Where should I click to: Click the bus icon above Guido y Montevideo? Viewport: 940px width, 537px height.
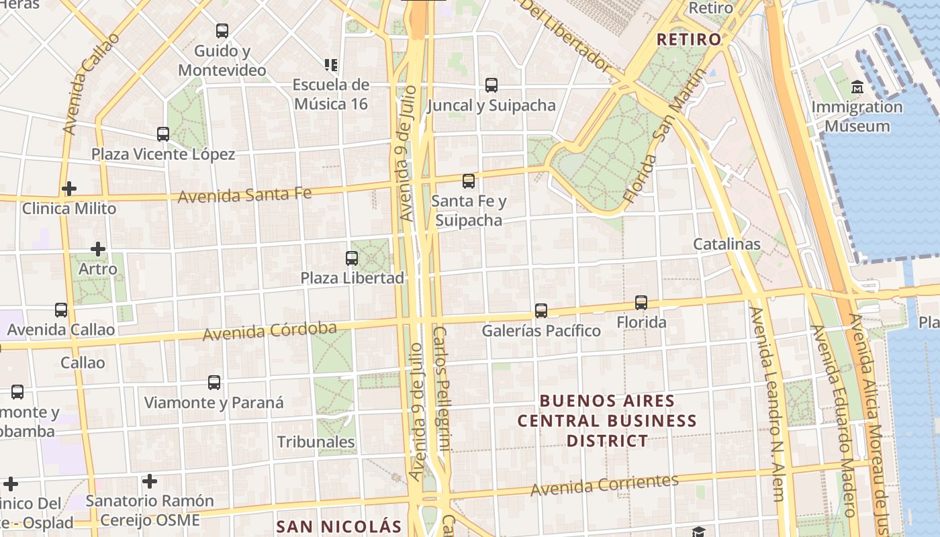[222, 31]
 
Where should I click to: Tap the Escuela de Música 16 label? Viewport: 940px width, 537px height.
[331, 94]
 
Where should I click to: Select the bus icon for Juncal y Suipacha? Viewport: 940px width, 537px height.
[491, 85]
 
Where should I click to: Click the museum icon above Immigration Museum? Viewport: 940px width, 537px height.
[857, 87]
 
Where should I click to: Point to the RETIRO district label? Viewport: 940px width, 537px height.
[689, 40]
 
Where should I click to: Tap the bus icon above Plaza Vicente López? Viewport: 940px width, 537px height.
[163, 134]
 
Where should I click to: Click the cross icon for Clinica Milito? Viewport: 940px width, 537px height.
[68, 189]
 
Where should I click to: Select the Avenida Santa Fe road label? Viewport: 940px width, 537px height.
[245, 195]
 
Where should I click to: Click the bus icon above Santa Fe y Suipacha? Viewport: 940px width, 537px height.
[469, 181]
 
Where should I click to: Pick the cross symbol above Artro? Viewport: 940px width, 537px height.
[98, 250]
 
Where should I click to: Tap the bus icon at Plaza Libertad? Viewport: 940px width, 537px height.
[351, 258]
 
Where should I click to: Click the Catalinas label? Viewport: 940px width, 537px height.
[726, 244]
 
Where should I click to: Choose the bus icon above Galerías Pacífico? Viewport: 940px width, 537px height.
[541, 311]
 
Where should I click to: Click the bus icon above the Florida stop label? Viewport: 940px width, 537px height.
[641, 303]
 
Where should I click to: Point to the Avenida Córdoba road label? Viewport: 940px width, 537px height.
[270, 331]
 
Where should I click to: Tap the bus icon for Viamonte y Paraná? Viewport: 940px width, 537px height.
[214, 383]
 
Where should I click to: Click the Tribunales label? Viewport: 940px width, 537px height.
[316, 442]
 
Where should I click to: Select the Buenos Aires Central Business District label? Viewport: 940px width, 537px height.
[607, 421]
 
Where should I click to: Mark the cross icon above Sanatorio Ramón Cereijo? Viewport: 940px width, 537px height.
[150, 481]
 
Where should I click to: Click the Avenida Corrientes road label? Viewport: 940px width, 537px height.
[604, 485]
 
